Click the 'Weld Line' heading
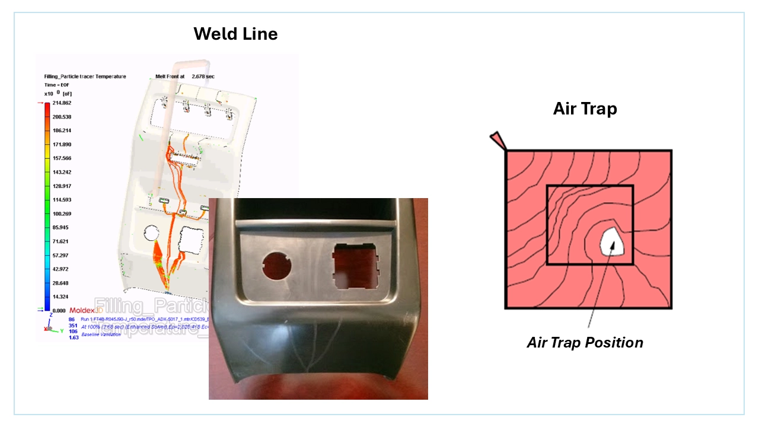tap(235, 34)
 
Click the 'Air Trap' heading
tap(585, 109)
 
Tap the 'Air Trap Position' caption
tap(585, 343)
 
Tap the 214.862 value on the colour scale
tap(62, 103)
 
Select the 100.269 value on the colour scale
tap(62, 213)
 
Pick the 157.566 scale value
tap(62, 158)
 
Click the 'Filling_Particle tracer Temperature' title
tap(85, 77)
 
